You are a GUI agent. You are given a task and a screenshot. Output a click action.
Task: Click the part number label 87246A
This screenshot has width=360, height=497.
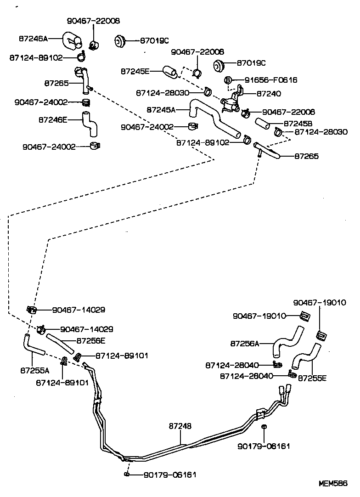pos(33,39)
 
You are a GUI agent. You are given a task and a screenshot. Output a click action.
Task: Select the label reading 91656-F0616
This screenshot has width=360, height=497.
pos(270,80)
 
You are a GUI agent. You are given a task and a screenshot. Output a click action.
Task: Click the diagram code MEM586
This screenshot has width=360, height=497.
pos(334,484)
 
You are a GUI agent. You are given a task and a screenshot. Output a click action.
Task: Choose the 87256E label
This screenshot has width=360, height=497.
pos(91,340)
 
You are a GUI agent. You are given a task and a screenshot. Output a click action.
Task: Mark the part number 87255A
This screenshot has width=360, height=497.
pos(32,369)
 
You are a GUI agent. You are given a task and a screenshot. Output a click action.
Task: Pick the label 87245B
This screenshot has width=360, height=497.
pos(298,124)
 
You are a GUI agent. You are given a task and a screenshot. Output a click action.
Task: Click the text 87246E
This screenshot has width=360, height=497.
pos(53,119)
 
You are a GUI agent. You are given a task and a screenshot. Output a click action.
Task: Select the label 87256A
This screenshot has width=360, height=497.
pos(244,343)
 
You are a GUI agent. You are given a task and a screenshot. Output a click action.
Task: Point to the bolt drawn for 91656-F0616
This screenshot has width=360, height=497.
pos(228,80)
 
